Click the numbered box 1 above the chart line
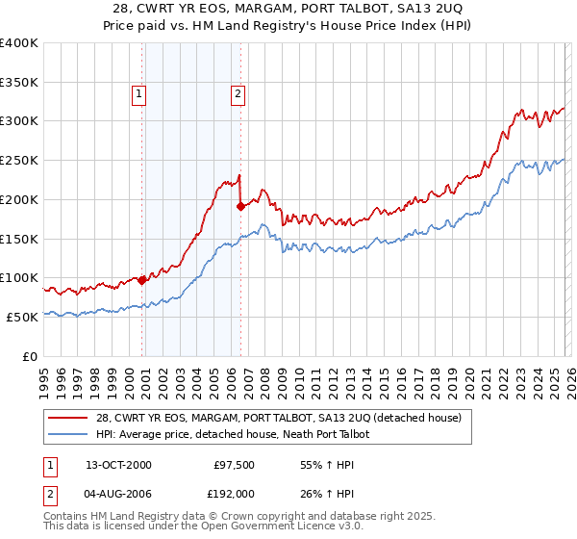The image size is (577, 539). click(140, 94)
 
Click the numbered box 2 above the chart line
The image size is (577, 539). click(238, 94)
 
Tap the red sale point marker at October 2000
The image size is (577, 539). click(142, 280)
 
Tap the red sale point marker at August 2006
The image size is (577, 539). click(240, 205)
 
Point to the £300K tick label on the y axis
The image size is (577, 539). click(18, 121)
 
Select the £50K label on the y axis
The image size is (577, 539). click(22, 317)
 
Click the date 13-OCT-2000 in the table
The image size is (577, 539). click(118, 465)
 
